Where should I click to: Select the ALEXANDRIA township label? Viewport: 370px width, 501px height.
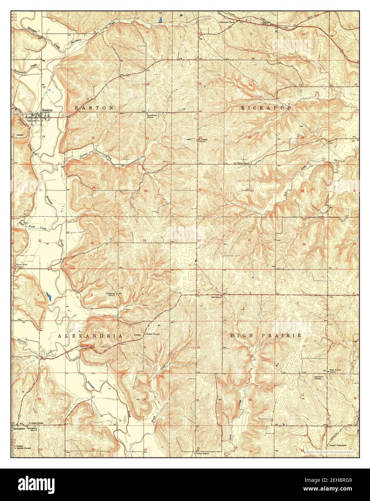click(90, 336)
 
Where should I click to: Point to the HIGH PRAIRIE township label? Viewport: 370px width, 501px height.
click(266, 336)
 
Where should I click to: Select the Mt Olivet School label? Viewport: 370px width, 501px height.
click(242, 163)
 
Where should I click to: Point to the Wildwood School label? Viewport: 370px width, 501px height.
click(110, 294)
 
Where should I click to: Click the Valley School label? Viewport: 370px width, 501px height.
click(202, 453)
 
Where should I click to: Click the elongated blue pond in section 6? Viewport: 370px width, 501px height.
click(48, 297)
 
